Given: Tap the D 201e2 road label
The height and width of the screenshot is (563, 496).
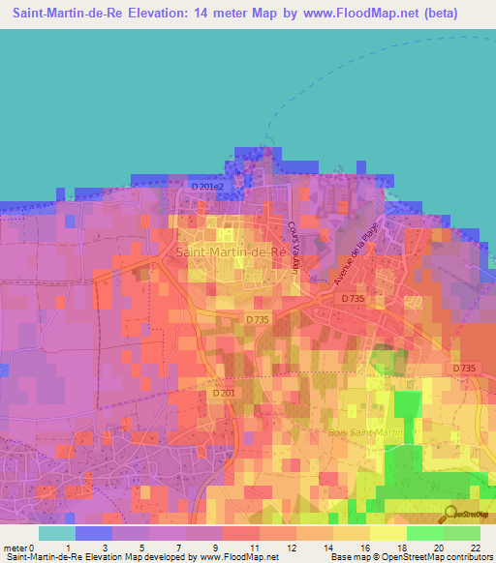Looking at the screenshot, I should click(206, 186).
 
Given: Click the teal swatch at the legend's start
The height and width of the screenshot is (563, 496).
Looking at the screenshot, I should click(57, 533).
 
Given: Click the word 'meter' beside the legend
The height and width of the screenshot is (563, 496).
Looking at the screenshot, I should click(15, 548).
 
